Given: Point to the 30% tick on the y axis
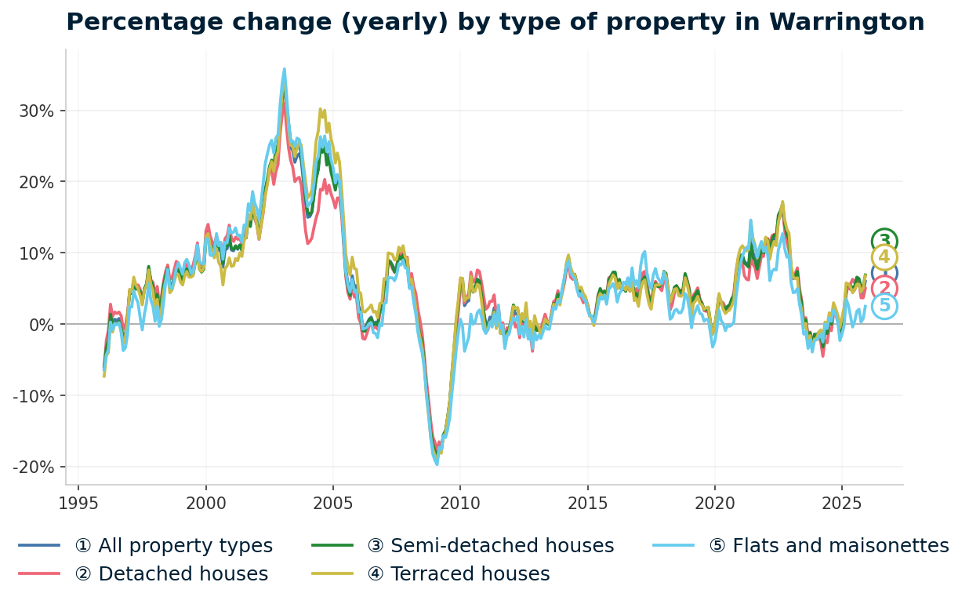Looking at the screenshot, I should [x=37, y=111].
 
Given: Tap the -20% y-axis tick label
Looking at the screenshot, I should [x=33, y=467].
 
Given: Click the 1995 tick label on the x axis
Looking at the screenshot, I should [x=78, y=503].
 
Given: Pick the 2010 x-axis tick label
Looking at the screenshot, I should [x=460, y=503].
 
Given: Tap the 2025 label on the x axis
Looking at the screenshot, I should [x=841, y=503].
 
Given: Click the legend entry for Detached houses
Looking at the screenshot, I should [x=171, y=574].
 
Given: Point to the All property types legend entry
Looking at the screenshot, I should [x=173, y=546].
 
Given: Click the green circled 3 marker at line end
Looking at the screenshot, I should [x=884, y=242].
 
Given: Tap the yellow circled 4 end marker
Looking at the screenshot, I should [x=884, y=257].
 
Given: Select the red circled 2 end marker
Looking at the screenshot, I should [x=884, y=289].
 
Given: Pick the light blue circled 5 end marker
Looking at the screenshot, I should [x=884, y=306].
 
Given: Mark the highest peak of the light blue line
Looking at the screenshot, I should [x=284, y=69].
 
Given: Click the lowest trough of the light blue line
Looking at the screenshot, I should [x=437, y=464].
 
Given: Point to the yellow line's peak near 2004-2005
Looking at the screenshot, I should [x=320, y=109].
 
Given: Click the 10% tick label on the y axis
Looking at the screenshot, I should [x=37, y=253].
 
